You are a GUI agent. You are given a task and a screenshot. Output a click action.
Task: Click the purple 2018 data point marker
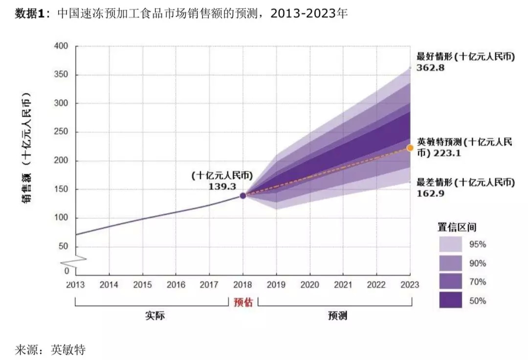click(x=243, y=195)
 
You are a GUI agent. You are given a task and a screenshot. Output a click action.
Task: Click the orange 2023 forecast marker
click(x=410, y=148)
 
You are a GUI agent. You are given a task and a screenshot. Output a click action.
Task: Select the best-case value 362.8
click(x=430, y=68)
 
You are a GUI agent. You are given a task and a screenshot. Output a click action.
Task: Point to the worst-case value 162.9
click(x=430, y=193)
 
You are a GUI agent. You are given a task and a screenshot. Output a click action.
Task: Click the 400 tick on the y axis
click(x=63, y=46)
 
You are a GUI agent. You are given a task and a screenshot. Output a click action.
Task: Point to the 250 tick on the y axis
click(x=63, y=132)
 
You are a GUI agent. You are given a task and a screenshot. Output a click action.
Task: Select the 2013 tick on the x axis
click(x=75, y=285)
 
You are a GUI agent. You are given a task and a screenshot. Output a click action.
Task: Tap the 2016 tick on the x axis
click(x=176, y=285)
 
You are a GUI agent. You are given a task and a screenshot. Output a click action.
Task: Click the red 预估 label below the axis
click(x=243, y=303)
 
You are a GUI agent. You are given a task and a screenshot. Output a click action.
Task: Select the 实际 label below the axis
click(x=155, y=316)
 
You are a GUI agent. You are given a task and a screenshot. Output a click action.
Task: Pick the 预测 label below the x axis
click(x=337, y=316)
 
